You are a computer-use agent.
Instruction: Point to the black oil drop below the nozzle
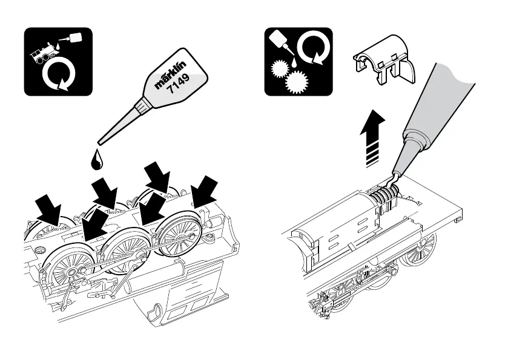tap(95, 159)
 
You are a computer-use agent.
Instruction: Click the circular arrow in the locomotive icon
tap(57, 76)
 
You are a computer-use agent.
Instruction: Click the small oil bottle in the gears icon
tap(280, 40)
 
